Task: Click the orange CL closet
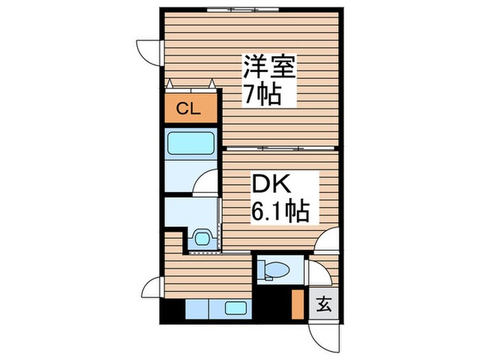pyautogui.click(x=190, y=108)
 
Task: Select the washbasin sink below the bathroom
pyautogui.click(x=202, y=237)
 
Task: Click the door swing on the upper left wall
pyautogui.click(x=149, y=51)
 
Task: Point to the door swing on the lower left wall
pyautogui.click(x=152, y=286)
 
